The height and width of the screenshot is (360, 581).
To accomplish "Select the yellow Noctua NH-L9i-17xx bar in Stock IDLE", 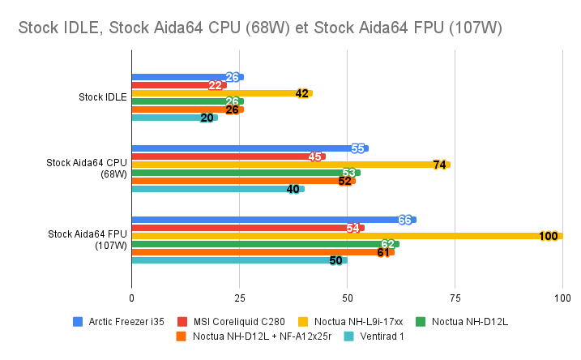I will pos(219,93).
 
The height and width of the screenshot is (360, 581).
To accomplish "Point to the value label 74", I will pos(440,165).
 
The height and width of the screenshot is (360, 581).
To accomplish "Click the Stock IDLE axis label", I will pos(102,97).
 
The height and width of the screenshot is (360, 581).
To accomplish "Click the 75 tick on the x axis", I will pos(455,298).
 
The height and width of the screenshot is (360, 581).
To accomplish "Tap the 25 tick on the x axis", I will pos(239,298).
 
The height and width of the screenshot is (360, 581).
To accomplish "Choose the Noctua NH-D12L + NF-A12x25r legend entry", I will pos(252,336).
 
